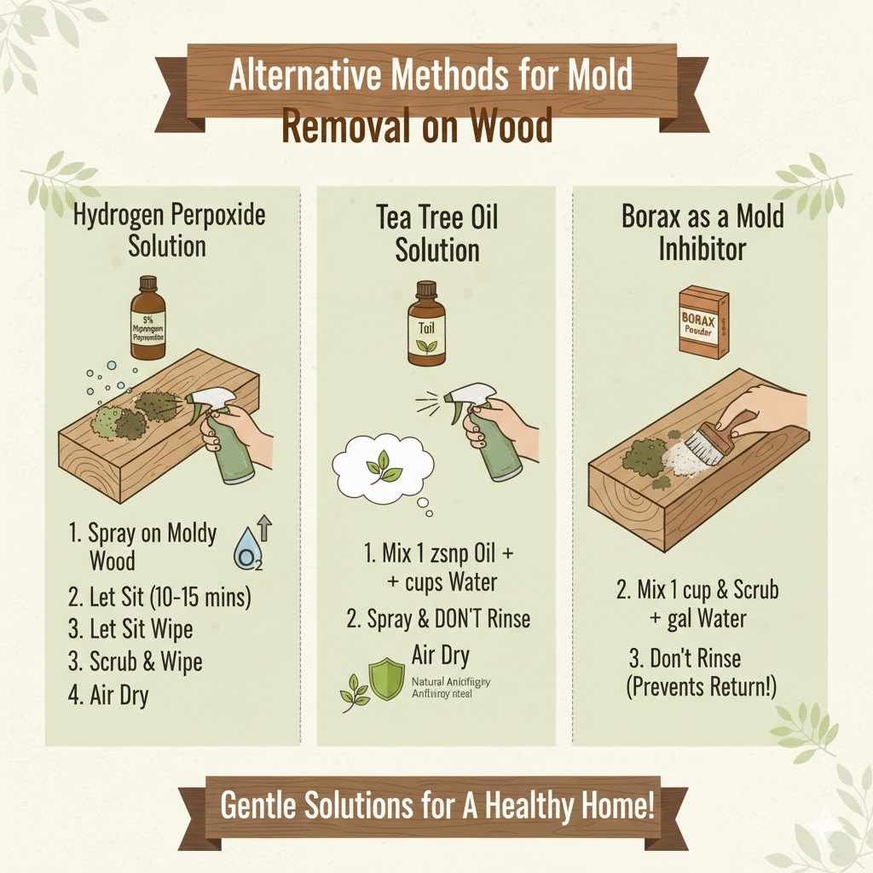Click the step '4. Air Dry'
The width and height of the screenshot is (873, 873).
[108, 696]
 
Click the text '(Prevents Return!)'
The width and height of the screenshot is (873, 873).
[702, 687]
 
